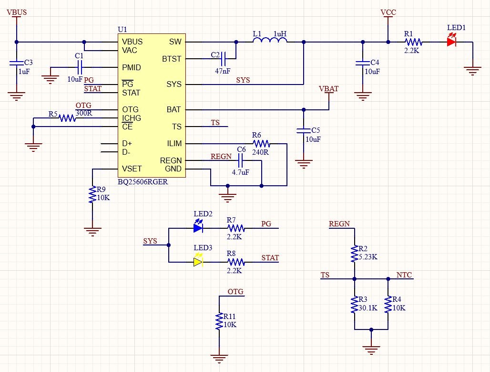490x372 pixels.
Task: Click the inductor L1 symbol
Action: tap(269, 42)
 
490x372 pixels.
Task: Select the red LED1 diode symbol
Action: tap(451, 42)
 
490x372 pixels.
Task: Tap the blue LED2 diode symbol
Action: tap(198, 228)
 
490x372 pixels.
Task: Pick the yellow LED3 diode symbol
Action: tap(198, 262)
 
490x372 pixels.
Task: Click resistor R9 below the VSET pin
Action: tap(92, 195)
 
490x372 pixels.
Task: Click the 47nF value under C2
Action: tap(223, 71)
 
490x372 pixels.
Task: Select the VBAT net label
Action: tap(328, 89)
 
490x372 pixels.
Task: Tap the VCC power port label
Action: tap(388, 12)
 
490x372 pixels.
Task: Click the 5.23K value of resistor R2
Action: tap(368, 256)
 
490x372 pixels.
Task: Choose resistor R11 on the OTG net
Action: tap(219, 321)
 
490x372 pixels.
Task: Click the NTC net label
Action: tap(404, 275)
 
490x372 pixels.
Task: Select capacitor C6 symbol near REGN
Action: tap(241, 161)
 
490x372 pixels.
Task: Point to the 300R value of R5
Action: tap(83, 113)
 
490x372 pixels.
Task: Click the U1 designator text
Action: tap(122, 30)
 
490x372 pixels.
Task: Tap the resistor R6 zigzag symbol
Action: tap(261, 143)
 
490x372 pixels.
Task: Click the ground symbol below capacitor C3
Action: tap(17, 96)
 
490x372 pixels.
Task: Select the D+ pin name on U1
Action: tap(127, 143)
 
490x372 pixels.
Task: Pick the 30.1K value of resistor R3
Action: tap(367, 308)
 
